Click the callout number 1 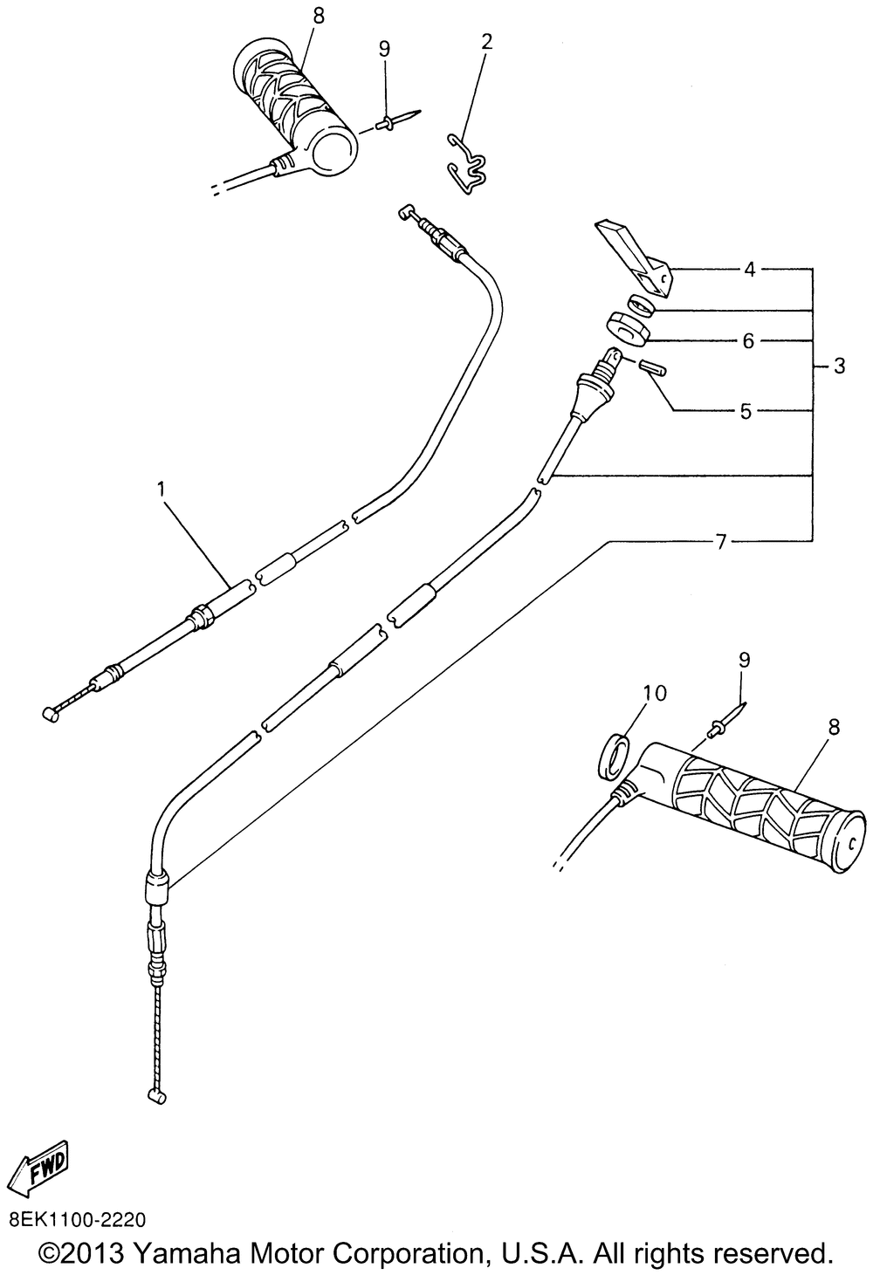162,490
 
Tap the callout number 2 486,42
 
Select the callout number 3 840,366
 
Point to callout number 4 750,269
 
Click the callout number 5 746,411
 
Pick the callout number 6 748,341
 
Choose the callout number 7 721,543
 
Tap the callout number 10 655,693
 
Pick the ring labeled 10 615,756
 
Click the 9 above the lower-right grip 745,661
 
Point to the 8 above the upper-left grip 319,17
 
